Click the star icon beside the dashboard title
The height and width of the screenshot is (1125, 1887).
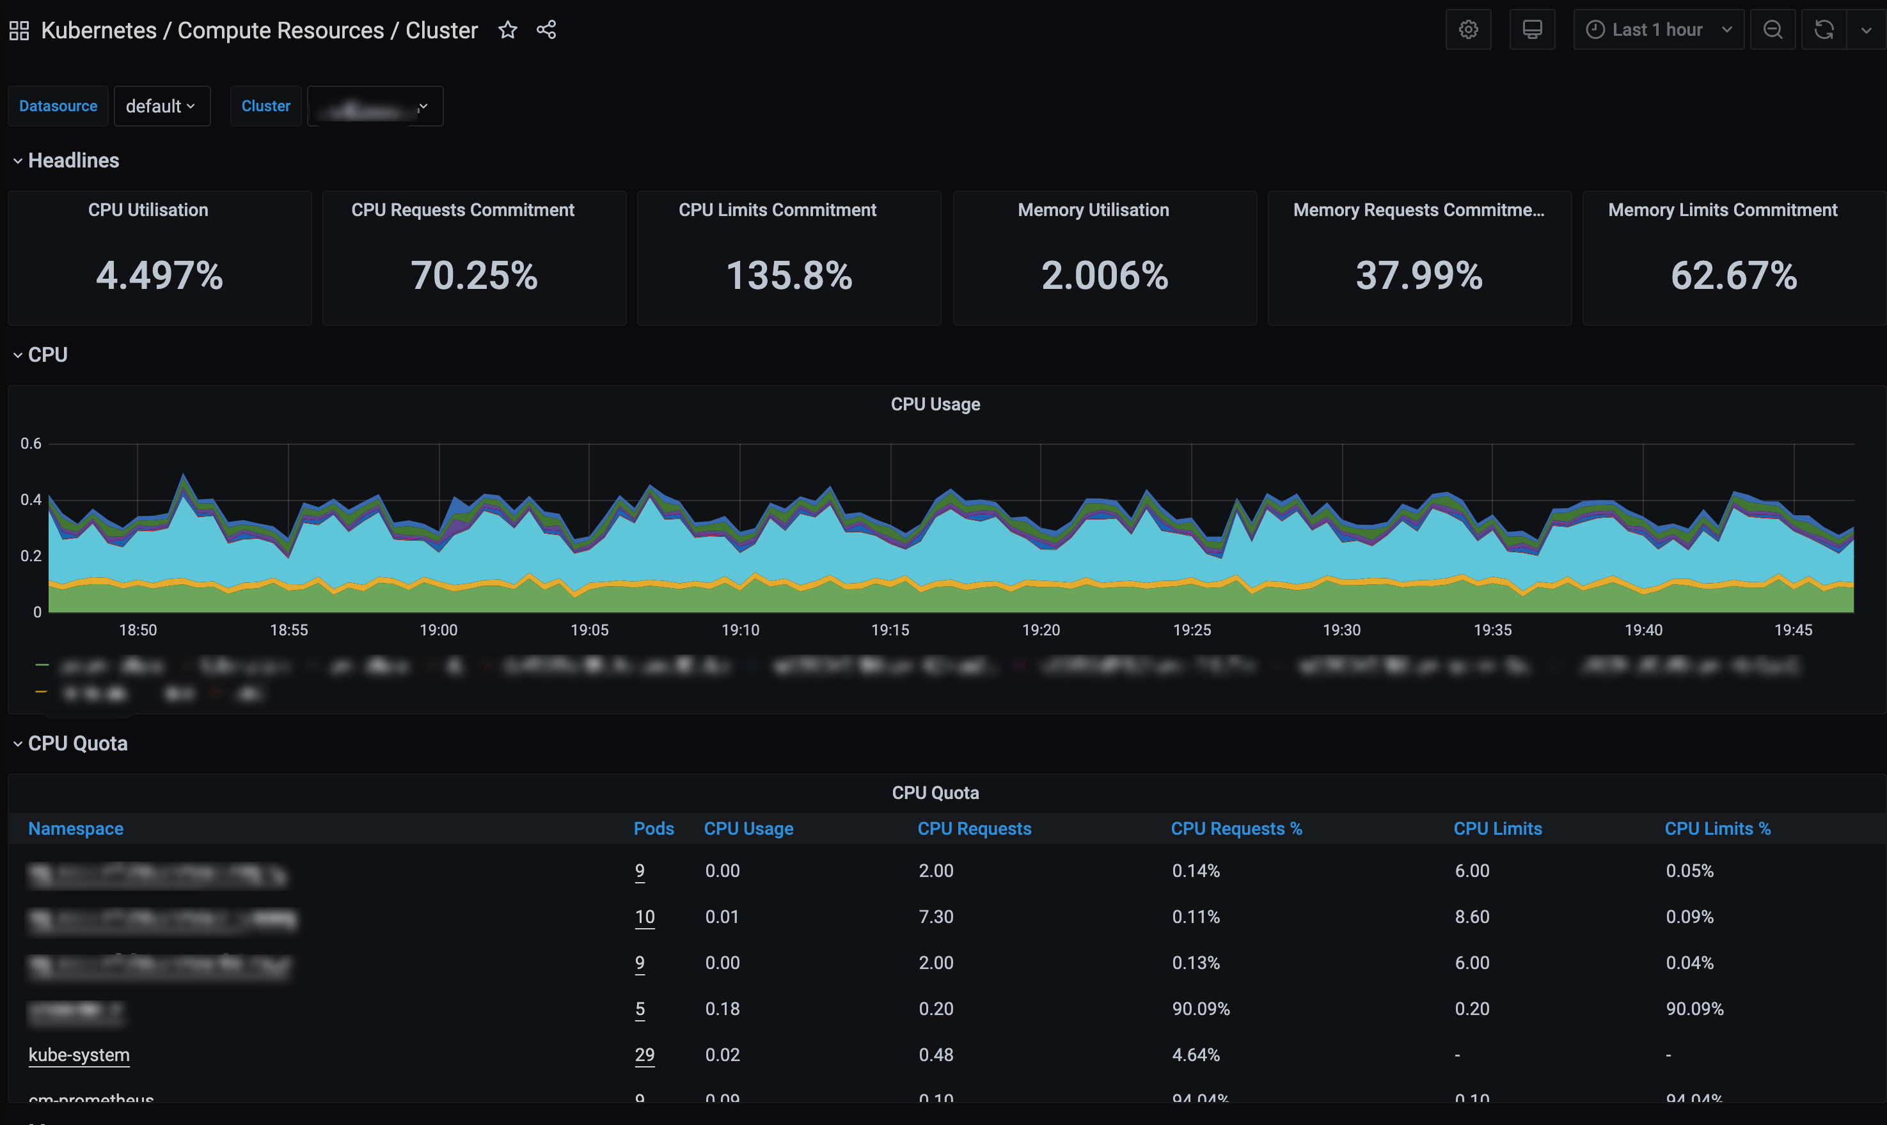pyautogui.click(x=507, y=30)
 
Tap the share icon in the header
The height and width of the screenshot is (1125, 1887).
pyautogui.click(x=546, y=30)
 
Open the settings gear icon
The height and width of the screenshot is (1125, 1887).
pyautogui.click(x=1468, y=30)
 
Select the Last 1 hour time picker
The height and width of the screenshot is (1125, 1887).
pyautogui.click(x=1658, y=30)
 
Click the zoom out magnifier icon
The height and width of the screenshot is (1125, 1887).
pyautogui.click(x=1773, y=30)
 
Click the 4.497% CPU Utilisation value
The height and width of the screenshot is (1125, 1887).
pyautogui.click(x=159, y=275)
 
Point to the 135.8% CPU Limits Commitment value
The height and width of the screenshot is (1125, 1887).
pyautogui.click(x=789, y=275)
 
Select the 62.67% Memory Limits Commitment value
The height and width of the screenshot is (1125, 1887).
pyautogui.click(x=1733, y=275)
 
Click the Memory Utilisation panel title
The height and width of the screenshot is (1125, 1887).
pyautogui.click(x=1093, y=210)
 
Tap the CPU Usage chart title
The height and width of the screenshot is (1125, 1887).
pyautogui.click(x=935, y=404)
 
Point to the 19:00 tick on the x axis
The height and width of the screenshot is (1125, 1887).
pyautogui.click(x=438, y=630)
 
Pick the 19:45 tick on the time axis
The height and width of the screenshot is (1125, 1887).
pyautogui.click(x=1793, y=630)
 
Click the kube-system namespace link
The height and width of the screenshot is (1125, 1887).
pyautogui.click(x=79, y=1055)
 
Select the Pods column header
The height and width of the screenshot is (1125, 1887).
pyautogui.click(x=653, y=828)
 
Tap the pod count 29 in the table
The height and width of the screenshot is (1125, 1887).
pyautogui.click(x=645, y=1055)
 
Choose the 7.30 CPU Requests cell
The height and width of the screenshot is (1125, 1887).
pyautogui.click(x=936, y=917)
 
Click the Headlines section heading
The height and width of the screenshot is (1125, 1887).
pyautogui.click(x=73, y=160)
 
